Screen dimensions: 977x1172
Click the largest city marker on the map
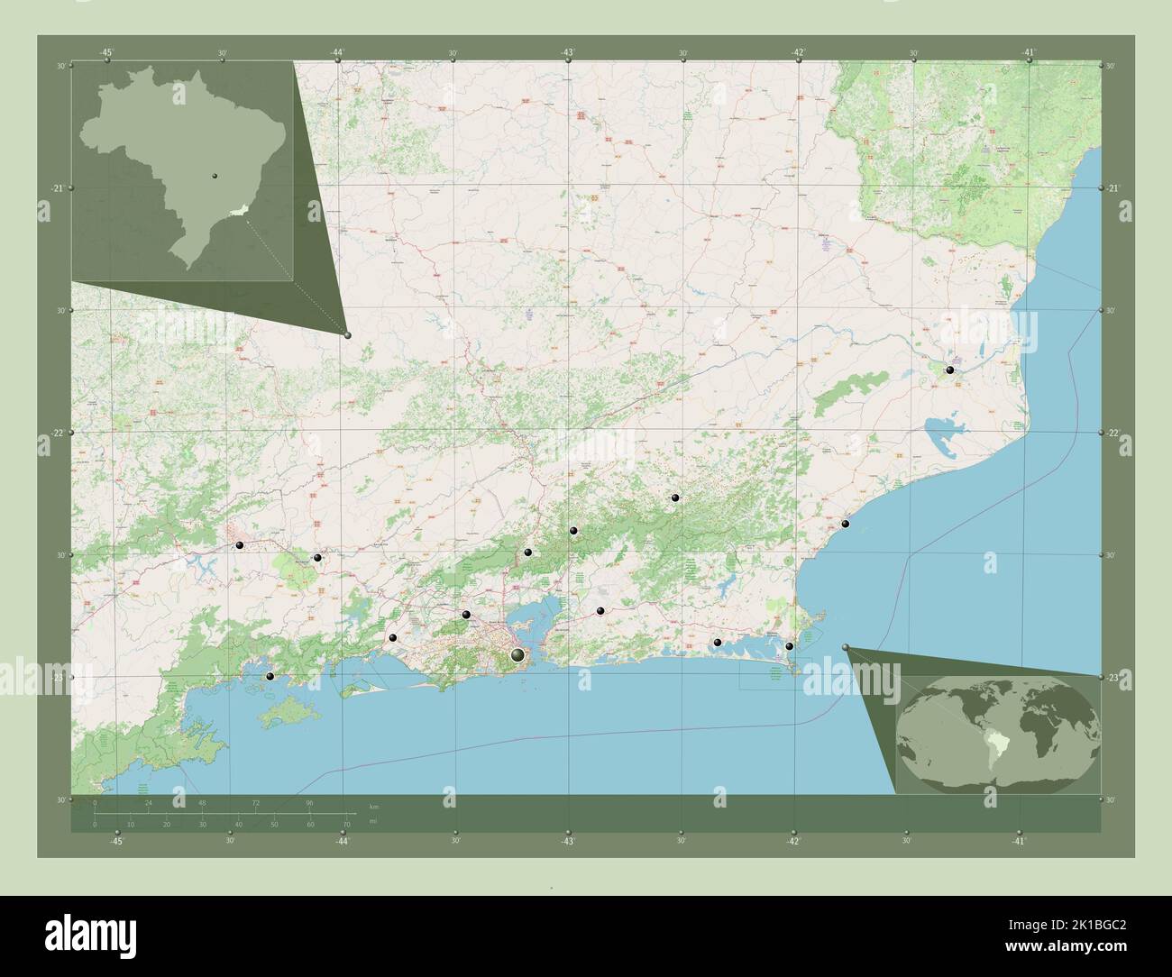click(517, 655)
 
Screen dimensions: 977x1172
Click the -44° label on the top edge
click(336, 53)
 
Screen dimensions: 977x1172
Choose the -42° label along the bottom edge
click(792, 841)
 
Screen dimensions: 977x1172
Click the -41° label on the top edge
click(1029, 53)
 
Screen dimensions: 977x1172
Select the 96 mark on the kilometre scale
click(309, 801)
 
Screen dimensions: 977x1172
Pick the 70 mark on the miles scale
click(346, 824)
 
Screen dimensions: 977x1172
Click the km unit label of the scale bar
click(374, 804)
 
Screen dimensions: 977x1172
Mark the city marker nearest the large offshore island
click(270, 676)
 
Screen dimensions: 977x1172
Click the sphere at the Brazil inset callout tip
click(348, 334)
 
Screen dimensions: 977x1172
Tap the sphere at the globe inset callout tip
click(846, 647)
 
